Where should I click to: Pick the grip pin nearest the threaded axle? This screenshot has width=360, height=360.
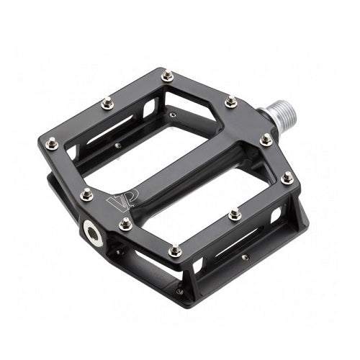pos(266,139)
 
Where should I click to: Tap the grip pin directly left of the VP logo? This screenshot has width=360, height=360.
pos(87,194)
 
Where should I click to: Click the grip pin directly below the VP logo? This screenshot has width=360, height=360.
pos(125,224)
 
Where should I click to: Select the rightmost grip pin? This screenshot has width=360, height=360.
pos(287,176)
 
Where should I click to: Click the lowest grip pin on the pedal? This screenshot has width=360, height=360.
pos(175,250)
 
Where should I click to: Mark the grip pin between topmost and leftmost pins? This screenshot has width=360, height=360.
pos(107,104)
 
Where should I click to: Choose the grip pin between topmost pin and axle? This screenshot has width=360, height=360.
pos(230,102)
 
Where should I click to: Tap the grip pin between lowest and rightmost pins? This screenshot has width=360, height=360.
pos(235,214)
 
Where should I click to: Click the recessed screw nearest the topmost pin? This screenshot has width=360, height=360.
pos(172,113)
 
